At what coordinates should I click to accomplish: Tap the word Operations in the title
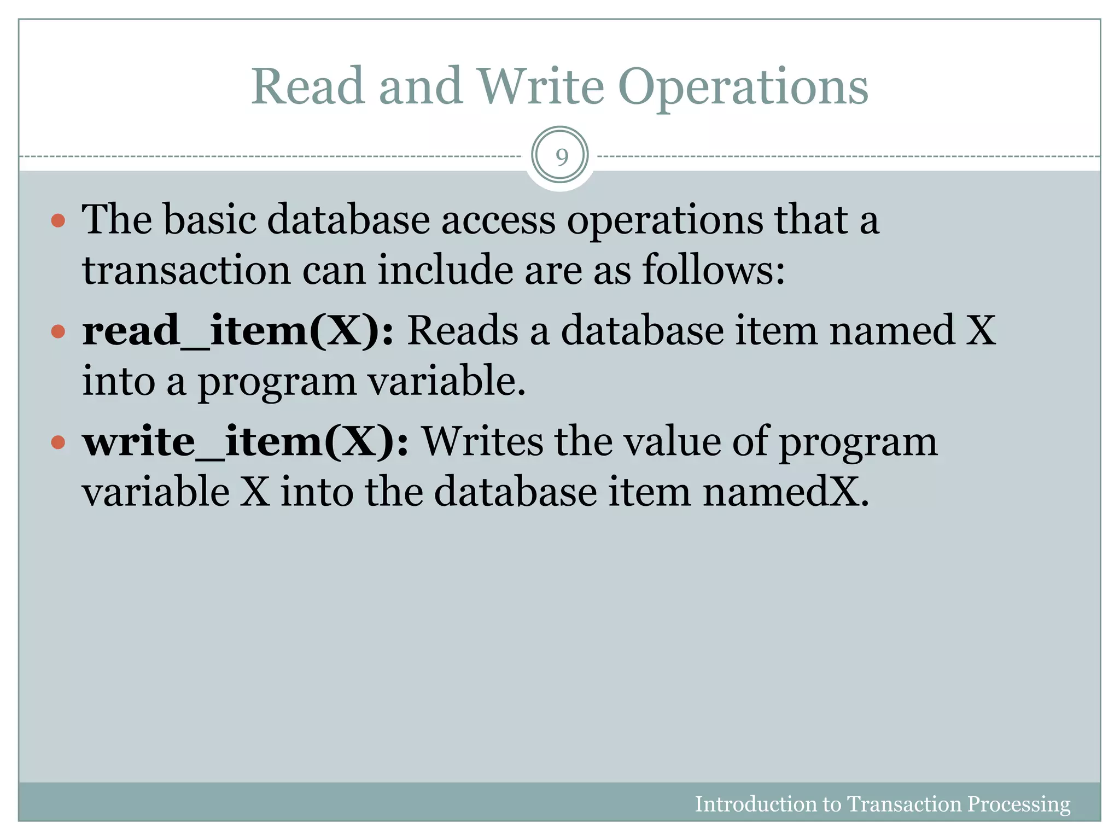click(743, 87)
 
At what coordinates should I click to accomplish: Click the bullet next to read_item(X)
click(58, 331)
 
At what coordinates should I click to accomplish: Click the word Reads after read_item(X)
click(463, 331)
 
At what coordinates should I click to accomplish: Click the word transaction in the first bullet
click(186, 271)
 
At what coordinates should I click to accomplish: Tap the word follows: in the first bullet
click(713, 271)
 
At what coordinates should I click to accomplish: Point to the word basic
click(210, 220)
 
